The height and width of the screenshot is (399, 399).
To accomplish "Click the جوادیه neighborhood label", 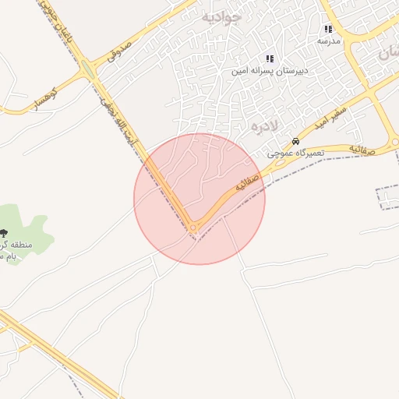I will pos(222,16).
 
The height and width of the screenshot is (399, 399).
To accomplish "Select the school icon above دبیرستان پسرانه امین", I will pos(270,58).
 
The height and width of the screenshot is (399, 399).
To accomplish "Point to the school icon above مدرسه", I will pos(328,29).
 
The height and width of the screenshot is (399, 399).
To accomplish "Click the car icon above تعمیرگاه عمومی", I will pos(295,142).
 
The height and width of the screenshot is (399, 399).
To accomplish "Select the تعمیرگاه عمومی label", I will pos(295,154).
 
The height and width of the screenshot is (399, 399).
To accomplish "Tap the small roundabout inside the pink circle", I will pos(192,228).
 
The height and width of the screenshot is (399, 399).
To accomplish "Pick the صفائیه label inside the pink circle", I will pos(246,184).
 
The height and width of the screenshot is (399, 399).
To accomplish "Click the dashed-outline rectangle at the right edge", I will pos(387,198).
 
